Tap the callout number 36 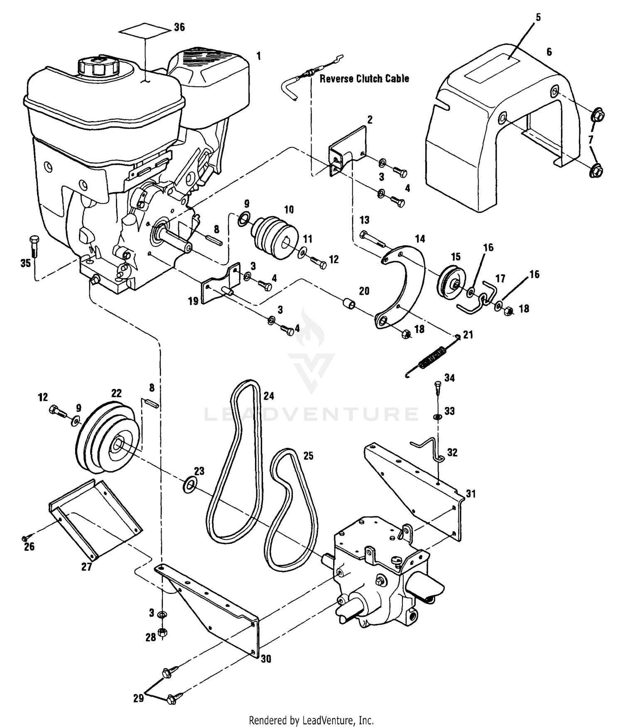tap(179, 27)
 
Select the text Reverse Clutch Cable tap(364, 78)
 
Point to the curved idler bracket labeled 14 tap(402, 287)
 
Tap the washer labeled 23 tap(190, 484)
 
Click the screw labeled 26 tap(25, 538)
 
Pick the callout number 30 tap(266, 659)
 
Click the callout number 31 tap(470, 494)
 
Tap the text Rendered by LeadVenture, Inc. tap(311, 719)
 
